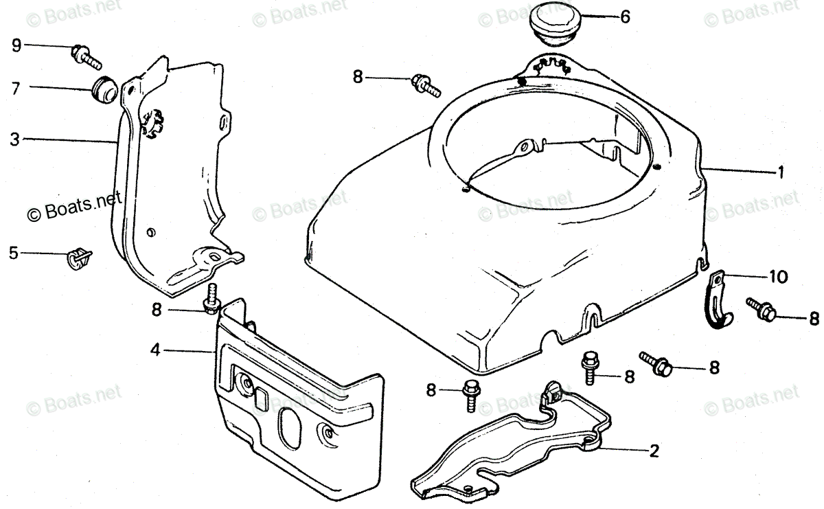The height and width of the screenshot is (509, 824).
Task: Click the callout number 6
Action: (624, 17)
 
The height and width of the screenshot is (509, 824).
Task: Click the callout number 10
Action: (779, 277)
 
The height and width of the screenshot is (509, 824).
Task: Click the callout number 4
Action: (156, 350)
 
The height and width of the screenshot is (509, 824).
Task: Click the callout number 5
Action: (13, 253)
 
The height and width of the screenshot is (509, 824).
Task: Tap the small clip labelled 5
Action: (79, 258)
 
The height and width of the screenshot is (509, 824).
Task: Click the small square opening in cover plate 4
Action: (262, 397)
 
